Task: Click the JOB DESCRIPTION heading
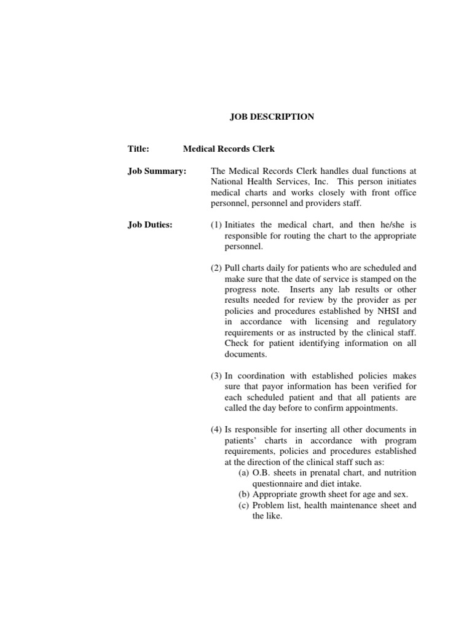tap(272, 117)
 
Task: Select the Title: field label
tap(139, 149)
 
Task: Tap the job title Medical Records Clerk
tap(229, 149)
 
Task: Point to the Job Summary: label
tap(157, 171)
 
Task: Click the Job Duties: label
tap(150, 225)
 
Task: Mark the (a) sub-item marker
tap(244, 472)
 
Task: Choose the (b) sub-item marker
tap(244, 494)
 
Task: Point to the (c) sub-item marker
tap(244, 506)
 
